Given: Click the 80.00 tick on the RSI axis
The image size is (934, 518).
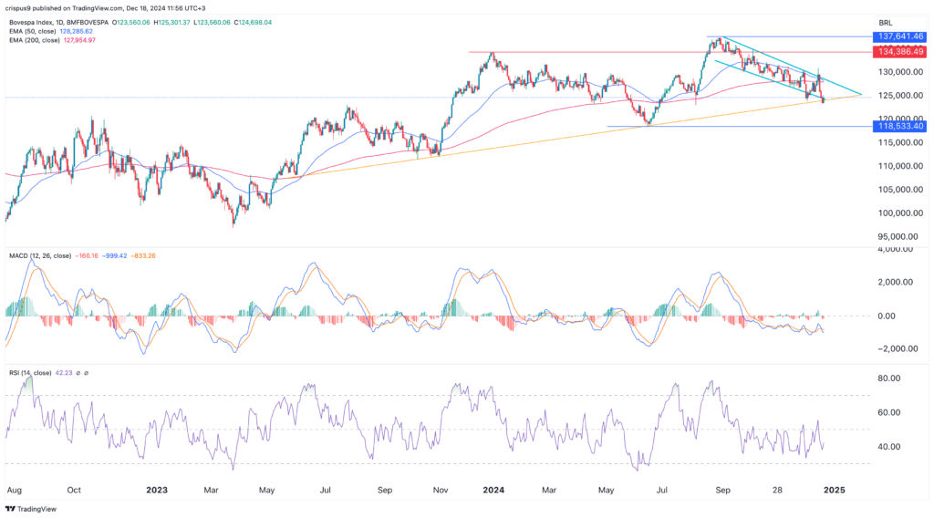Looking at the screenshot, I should [x=884, y=378].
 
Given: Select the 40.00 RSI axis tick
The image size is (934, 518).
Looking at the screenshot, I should [x=884, y=447].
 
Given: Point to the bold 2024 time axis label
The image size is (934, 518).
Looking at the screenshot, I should [x=494, y=490].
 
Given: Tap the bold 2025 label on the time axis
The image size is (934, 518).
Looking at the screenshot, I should [x=835, y=490].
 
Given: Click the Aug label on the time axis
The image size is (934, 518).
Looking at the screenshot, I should [x=14, y=490].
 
